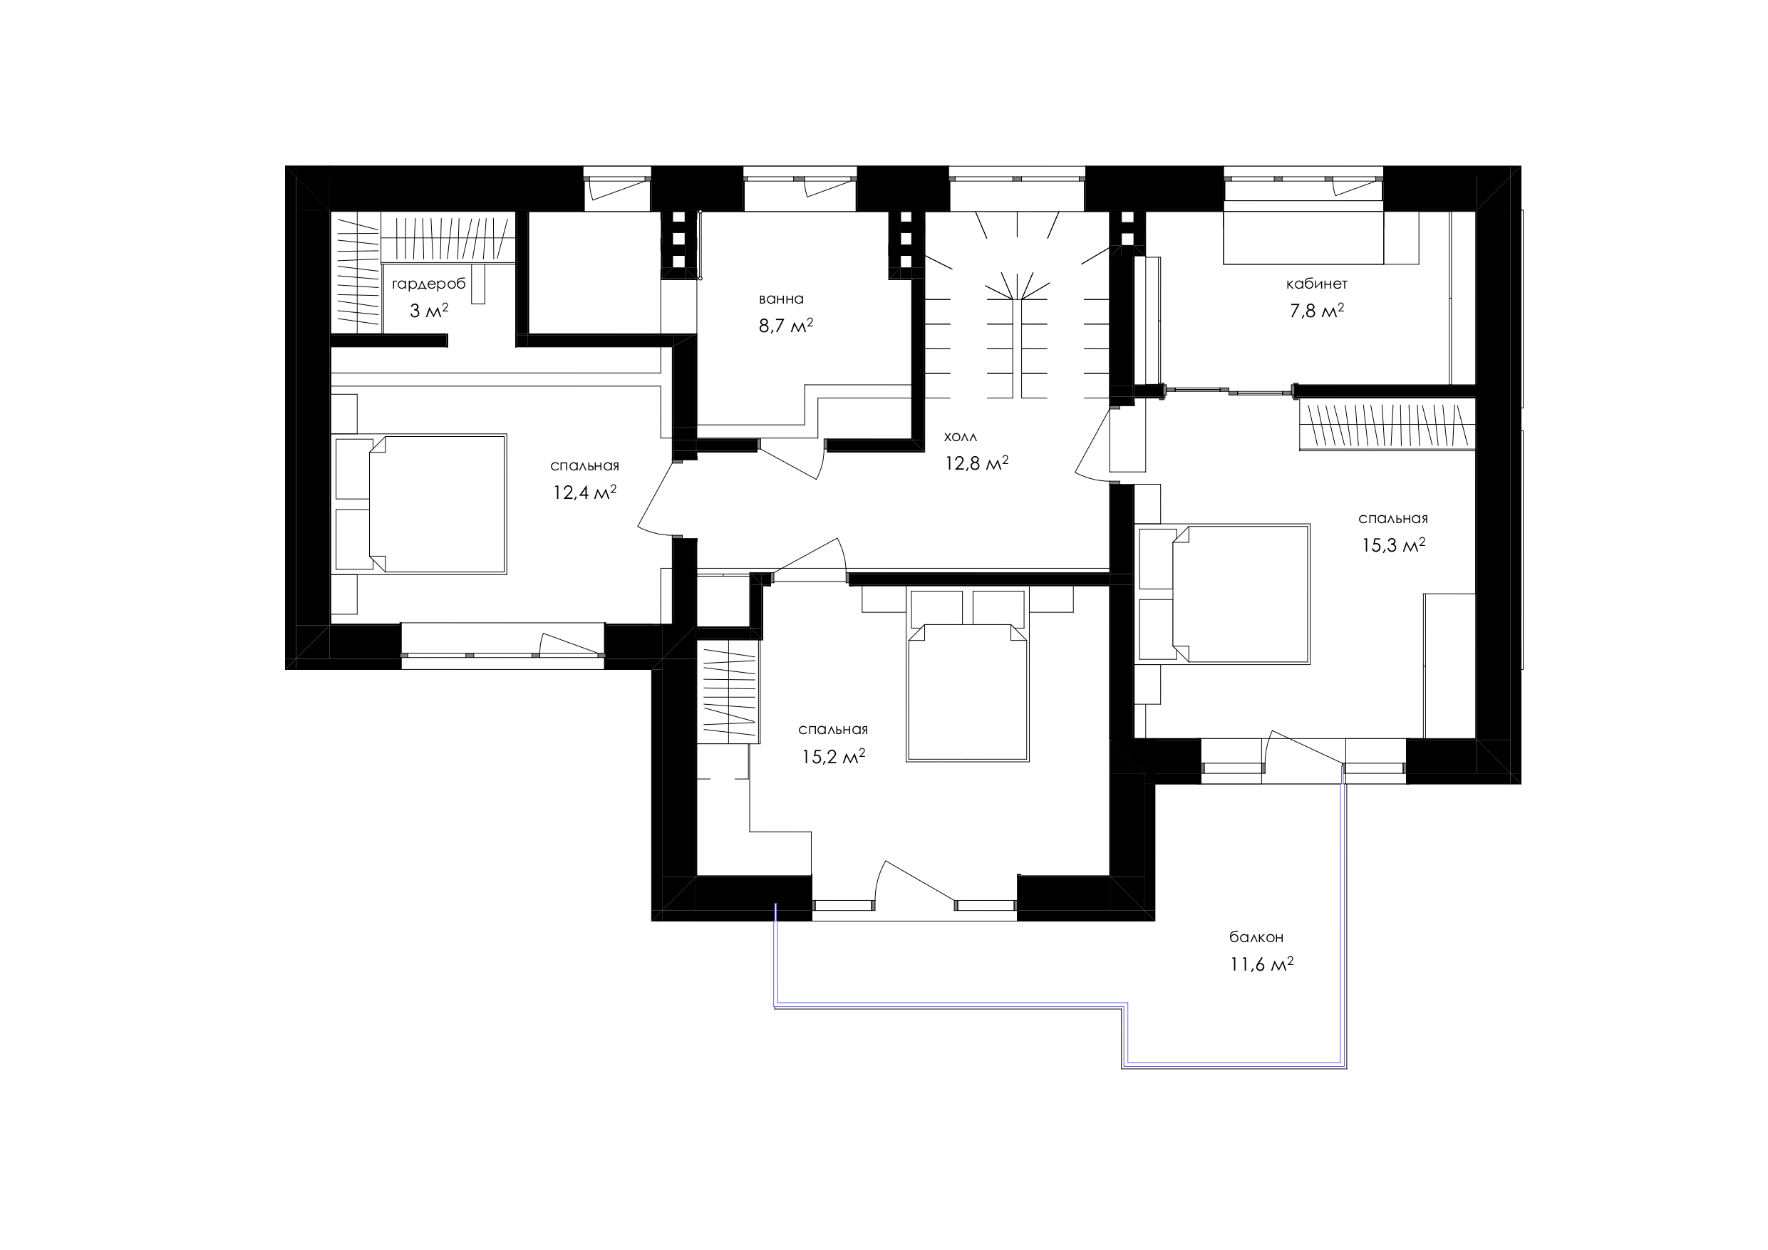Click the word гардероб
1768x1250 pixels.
point(429,284)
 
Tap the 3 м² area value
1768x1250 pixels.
point(429,311)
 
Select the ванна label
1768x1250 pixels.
point(782,299)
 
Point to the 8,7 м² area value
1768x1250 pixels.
point(786,326)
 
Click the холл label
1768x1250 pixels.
point(961,437)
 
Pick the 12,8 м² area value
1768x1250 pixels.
point(976,463)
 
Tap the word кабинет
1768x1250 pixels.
point(1317,284)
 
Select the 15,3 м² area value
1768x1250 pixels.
point(1393,545)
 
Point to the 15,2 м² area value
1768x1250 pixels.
point(833,757)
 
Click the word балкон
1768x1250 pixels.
point(1256,938)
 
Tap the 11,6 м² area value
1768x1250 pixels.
point(1261,964)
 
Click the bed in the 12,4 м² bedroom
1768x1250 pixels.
point(420,505)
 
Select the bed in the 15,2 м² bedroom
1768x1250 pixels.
point(968,675)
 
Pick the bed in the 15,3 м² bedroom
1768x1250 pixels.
point(1224,593)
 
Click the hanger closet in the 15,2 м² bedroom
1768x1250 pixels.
point(728,693)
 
